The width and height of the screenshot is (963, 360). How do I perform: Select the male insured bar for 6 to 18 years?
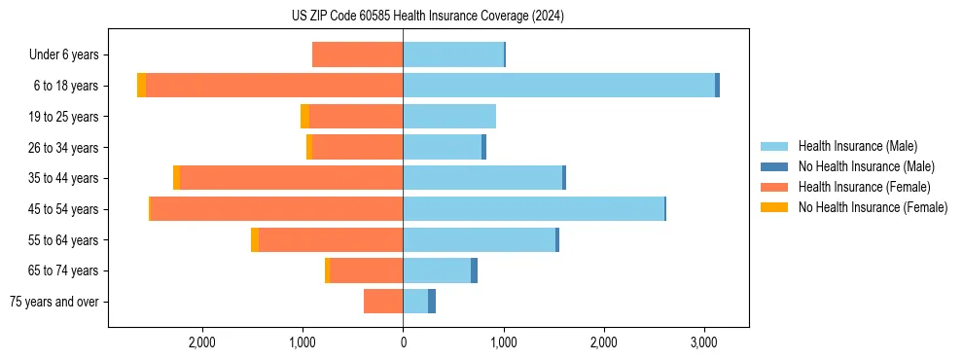pos(558,86)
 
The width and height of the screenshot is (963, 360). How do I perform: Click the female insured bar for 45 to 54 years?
pos(276,209)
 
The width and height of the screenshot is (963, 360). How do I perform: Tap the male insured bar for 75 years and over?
pos(415,302)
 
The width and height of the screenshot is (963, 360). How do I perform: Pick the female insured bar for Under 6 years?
pos(357,54)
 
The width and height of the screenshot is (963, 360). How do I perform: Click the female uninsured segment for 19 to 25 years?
pos(304,117)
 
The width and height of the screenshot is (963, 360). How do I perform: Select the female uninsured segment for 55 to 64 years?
pos(255,240)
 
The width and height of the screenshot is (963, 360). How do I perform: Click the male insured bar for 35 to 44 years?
pos(482,178)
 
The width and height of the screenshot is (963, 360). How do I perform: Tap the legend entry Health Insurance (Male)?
pos(857,146)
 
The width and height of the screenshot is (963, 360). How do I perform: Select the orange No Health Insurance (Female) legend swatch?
pos(774,207)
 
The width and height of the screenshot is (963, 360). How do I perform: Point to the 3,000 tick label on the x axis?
pos(704,342)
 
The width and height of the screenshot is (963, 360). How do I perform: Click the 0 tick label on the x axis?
pos(403,342)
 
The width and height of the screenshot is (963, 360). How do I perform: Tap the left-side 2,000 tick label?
pos(201,342)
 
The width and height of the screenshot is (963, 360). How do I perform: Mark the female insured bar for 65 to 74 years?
pos(366,270)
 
